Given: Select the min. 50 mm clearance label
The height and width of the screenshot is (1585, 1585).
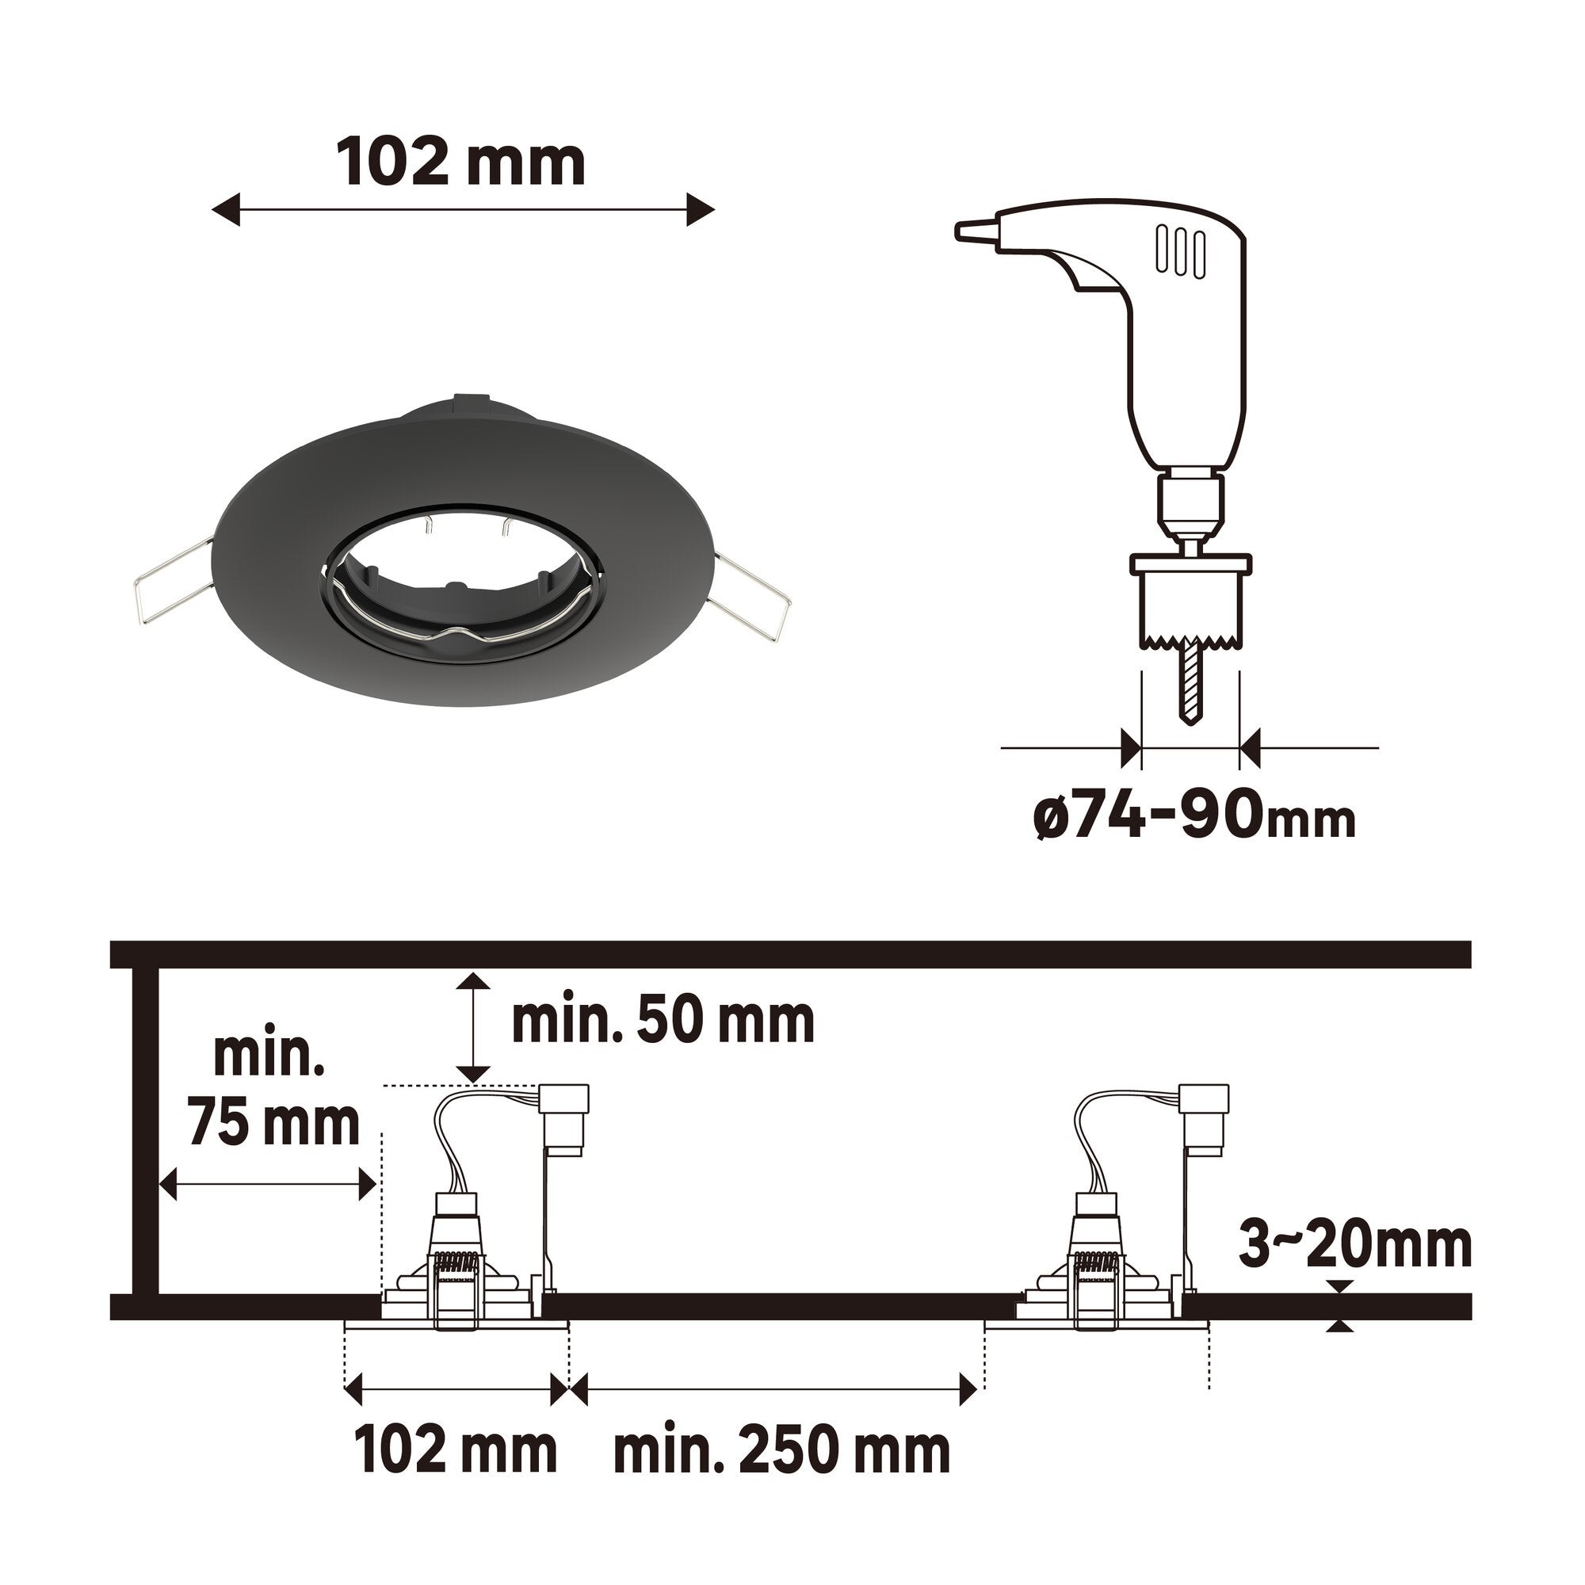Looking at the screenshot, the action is [663, 1021].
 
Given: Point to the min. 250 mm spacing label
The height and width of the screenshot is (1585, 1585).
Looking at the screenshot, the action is [782, 1453].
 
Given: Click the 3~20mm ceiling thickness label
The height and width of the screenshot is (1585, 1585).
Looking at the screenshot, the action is [1354, 1245].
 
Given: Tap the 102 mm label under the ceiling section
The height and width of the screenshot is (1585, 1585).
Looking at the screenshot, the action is [456, 1453].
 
